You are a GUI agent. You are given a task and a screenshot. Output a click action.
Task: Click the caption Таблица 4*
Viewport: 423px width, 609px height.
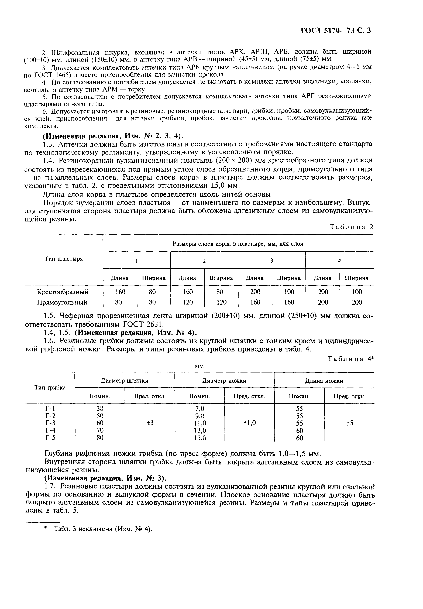[x=351, y=359]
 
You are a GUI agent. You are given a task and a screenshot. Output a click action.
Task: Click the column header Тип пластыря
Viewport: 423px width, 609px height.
[x=63, y=259]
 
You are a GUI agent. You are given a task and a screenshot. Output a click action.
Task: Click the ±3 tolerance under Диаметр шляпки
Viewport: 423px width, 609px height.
[x=150, y=423]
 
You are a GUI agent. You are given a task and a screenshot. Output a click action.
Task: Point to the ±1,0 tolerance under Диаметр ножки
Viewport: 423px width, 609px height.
[x=249, y=423]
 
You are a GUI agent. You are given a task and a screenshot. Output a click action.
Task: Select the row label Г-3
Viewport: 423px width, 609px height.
[x=50, y=423]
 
